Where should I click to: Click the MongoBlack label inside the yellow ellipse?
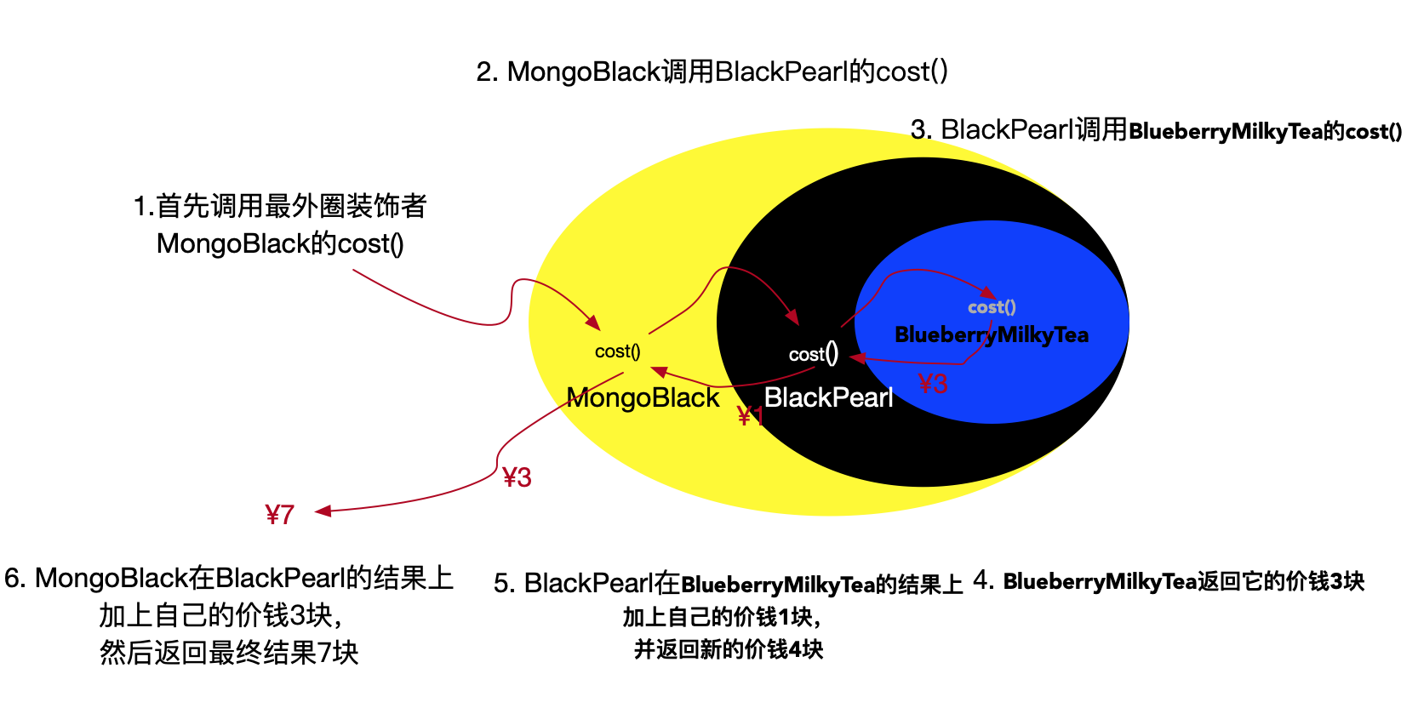click(643, 397)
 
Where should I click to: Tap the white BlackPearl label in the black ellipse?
click(828, 397)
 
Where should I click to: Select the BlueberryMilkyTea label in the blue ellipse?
click(992, 334)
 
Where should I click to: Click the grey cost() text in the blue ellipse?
click(992, 307)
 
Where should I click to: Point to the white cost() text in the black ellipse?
click(813, 353)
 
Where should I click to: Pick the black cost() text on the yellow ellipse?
click(617, 351)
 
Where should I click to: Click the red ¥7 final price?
click(279, 514)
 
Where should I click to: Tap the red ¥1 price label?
click(749, 416)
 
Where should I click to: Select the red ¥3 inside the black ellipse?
click(933, 384)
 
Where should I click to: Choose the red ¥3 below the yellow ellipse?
click(517, 477)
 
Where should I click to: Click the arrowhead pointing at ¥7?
click(323, 511)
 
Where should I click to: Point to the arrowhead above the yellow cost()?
click(592, 323)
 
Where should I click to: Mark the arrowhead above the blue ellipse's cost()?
click(987, 293)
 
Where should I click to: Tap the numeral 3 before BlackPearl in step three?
click(918, 130)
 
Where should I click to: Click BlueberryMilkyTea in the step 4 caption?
click(1100, 581)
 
